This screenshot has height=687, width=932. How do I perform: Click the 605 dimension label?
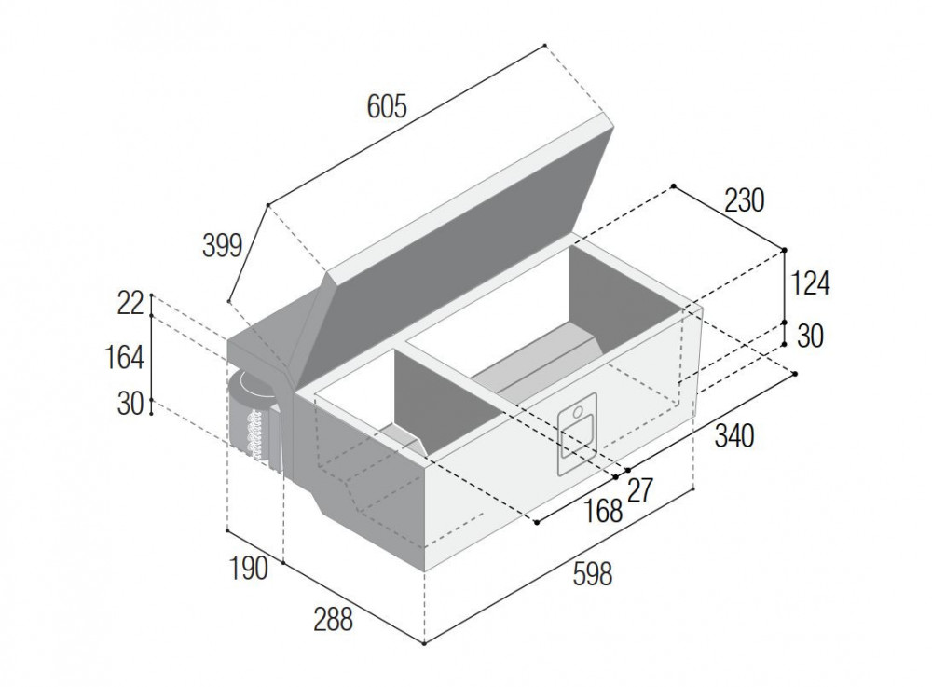tap(387, 107)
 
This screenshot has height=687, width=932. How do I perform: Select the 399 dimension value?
tap(223, 245)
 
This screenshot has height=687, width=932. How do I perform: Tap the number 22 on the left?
tap(130, 304)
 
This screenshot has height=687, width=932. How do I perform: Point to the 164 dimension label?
tap(124, 358)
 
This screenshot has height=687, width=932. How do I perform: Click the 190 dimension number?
tap(249, 569)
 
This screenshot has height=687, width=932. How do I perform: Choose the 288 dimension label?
tap(334, 620)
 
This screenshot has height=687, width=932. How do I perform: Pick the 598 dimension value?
tap(593, 574)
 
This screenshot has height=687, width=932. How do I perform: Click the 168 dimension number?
tap(603, 511)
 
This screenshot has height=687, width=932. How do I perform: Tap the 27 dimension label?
tap(640, 491)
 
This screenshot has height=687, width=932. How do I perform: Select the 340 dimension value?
tap(734, 436)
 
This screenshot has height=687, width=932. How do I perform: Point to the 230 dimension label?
tap(744, 200)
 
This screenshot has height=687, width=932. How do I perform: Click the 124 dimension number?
tap(810, 283)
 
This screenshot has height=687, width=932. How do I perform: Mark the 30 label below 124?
tap(810, 337)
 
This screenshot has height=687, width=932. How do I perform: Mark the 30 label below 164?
tap(130, 405)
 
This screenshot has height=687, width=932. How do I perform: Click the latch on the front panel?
tap(577, 433)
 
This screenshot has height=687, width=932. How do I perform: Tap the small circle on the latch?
tap(578, 411)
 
